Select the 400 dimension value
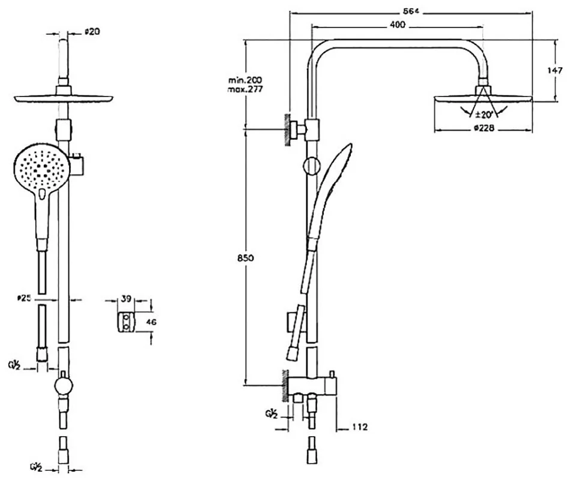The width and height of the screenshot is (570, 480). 398,25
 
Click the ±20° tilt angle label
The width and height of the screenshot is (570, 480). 484,113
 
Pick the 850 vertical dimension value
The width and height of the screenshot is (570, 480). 245,257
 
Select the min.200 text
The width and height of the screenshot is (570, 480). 244,80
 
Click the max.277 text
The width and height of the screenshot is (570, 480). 244,89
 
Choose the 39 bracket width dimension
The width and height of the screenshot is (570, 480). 127,299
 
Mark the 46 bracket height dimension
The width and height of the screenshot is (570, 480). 151,322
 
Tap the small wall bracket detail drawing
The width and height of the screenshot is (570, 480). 126,322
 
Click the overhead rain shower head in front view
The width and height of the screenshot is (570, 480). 64,98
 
